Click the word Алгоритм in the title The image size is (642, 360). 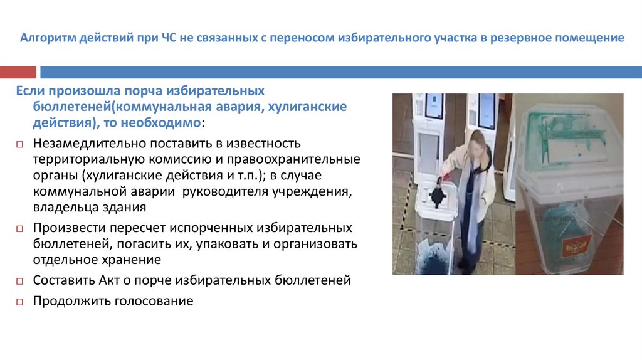click(x=44, y=38)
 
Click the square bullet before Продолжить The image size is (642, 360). click(x=19, y=302)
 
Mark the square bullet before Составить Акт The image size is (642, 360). click(x=19, y=281)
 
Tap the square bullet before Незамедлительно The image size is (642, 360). click(x=19, y=145)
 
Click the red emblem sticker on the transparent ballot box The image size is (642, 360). click(x=571, y=245)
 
